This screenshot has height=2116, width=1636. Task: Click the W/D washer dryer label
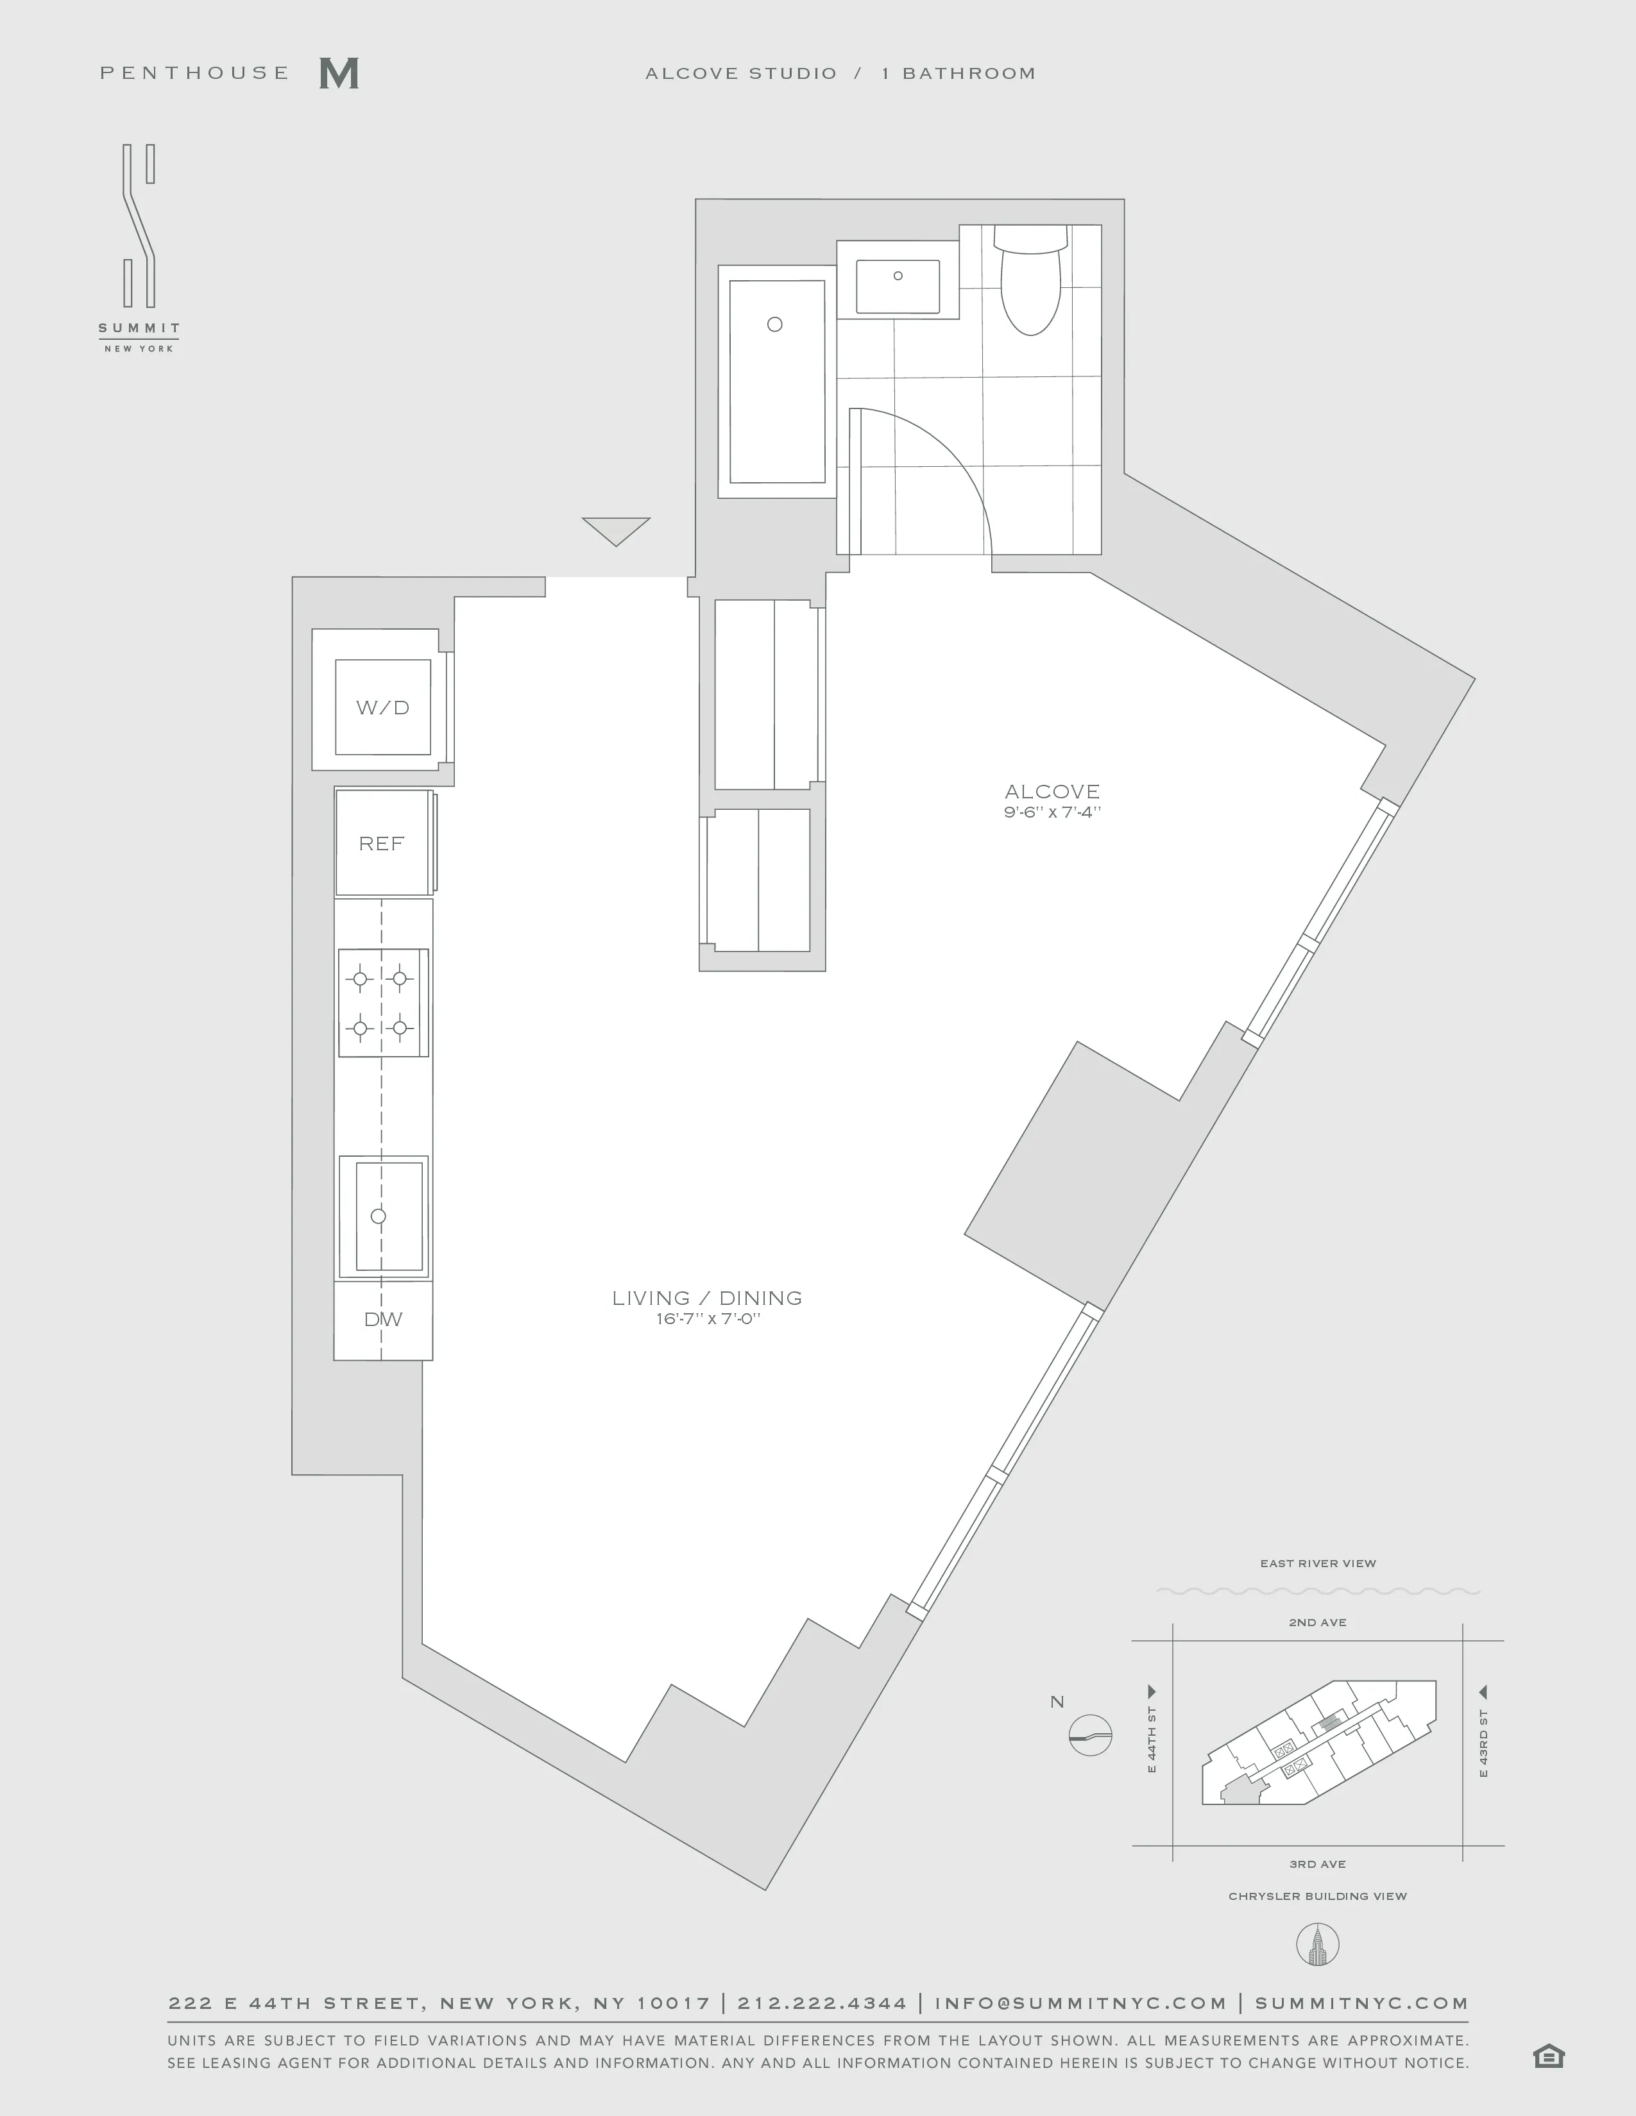point(383,707)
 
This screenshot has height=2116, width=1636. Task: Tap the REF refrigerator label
point(381,844)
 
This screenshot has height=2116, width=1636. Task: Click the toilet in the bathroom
point(1030,286)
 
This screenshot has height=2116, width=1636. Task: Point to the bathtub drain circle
point(774,324)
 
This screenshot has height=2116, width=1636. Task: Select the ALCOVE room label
point(1052,791)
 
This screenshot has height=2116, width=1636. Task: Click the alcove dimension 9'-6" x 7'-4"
point(1052,812)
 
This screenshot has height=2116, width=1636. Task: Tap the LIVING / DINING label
point(706,1297)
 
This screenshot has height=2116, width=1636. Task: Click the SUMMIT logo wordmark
point(139,328)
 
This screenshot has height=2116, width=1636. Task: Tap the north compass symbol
point(1090,1734)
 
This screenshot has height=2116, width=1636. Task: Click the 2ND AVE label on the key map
point(1317,1622)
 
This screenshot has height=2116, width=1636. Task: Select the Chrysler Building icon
point(1317,1945)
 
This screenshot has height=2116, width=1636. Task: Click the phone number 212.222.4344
point(822,2003)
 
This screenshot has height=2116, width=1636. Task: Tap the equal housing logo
point(1549,2056)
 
